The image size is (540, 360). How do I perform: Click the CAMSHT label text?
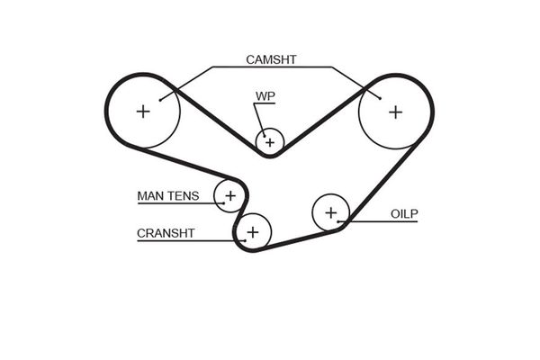pos(271,59)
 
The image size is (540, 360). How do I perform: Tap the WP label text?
pos(265,96)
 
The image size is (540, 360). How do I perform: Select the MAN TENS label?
pos(168,195)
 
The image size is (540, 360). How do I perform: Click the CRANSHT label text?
pos(166,233)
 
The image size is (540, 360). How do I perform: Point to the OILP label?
pos(404,214)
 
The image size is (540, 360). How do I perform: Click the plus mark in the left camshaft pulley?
pos(143,112)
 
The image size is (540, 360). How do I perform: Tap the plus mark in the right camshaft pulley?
pos(396,112)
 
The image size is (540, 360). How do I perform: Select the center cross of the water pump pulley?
pos(270,142)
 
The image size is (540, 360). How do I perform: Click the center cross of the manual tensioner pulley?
pos(230,196)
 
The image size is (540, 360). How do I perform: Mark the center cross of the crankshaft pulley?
pos(253,232)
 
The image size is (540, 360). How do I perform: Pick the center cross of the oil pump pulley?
pos(331,213)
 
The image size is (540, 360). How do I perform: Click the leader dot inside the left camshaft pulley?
pos(160,100)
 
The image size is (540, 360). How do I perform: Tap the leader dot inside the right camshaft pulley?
pos(380,98)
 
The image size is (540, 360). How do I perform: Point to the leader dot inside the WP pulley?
pos(264,136)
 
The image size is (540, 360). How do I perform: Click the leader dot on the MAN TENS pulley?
pos(224,202)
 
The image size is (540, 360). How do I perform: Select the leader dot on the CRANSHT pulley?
pos(245,240)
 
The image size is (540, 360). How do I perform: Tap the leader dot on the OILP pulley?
pos(338,221)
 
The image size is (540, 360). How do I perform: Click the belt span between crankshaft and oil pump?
pos(298,241)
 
